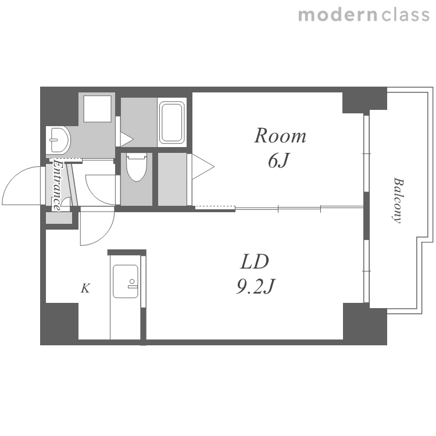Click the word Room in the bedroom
coord(280,136)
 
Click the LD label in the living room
coord(255,262)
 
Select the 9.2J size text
coord(256,286)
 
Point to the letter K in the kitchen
coord(85,288)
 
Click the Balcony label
coord(398,200)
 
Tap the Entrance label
coord(58,185)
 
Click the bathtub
coord(172,122)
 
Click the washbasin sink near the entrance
coord(58,140)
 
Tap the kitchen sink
coord(126,281)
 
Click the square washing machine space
coord(97,109)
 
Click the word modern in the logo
coord(338,15)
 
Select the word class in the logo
coord(406,15)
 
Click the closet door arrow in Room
coord(203,167)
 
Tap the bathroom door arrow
coord(127,139)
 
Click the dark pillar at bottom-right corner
coord(365,324)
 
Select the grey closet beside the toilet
coord(173,180)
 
